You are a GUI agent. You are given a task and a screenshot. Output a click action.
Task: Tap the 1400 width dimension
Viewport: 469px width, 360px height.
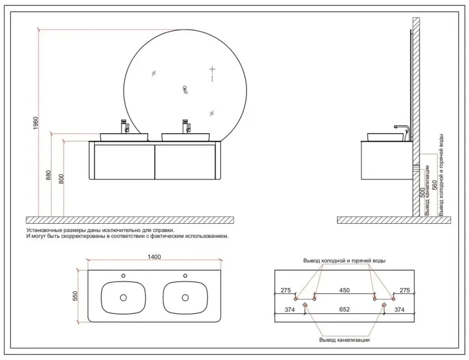click(x=155, y=257)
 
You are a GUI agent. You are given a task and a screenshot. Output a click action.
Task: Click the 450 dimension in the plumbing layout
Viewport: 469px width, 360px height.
click(x=344, y=290)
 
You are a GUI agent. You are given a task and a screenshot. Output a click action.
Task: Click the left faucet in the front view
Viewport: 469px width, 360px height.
click(x=126, y=126)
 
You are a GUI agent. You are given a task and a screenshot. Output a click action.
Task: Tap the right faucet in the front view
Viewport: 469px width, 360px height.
click(x=185, y=126)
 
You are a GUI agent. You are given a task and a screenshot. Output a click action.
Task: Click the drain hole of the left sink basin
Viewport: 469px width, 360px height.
click(x=124, y=297)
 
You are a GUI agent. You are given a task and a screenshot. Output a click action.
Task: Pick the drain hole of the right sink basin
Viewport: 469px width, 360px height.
click(x=185, y=297)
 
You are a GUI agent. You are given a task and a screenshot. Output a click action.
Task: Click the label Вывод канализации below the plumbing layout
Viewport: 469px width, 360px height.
click(x=344, y=340)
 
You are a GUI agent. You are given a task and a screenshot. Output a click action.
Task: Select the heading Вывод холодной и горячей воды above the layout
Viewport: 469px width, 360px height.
click(x=344, y=261)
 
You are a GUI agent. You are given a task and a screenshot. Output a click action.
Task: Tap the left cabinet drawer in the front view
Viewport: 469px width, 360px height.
click(x=122, y=160)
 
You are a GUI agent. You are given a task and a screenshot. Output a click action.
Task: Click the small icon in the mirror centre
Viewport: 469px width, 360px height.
click(x=185, y=90)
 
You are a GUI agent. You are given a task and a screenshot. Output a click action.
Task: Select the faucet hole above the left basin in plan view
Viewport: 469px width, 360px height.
click(x=124, y=275)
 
